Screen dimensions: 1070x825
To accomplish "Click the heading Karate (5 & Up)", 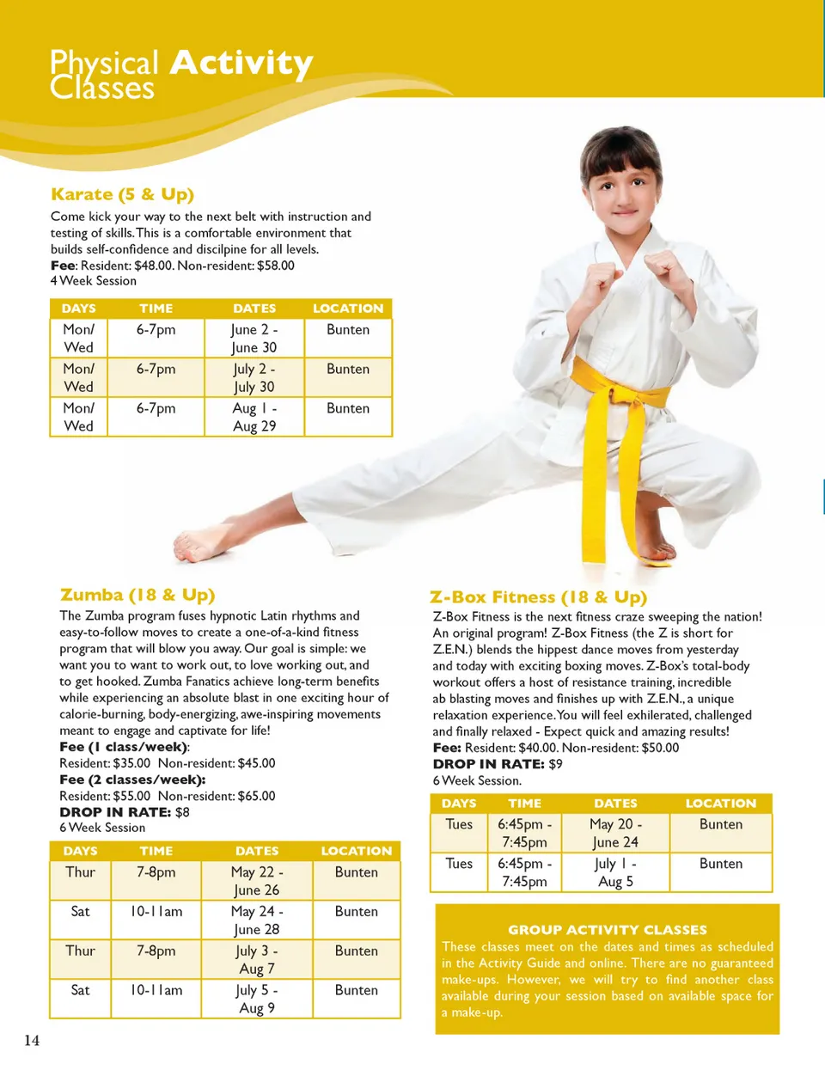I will pyautogui.click(x=122, y=194).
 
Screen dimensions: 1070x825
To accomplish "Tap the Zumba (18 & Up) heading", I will pyautogui.click(x=137, y=595).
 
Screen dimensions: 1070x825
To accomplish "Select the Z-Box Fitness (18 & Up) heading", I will pyautogui.click(x=538, y=597).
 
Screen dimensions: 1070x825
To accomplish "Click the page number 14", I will pyautogui.click(x=32, y=1041).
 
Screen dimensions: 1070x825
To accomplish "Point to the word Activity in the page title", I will pyautogui.click(x=241, y=63).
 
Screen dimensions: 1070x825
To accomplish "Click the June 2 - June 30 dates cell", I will pyautogui.click(x=254, y=339).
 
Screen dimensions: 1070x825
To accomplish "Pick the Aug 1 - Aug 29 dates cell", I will pyautogui.click(x=254, y=417).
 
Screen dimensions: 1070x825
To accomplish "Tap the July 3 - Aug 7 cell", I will pyautogui.click(x=257, y=959).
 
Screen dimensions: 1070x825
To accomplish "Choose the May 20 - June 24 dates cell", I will pyautogui.click(x=615, y=833).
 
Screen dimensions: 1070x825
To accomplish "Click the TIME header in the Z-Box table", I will pyautogui.click(x=524, y=804).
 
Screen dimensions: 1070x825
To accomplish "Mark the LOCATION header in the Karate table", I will pyautogui.click(x=348, y=309).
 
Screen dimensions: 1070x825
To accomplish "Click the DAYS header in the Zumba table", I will pyautogui.click(x=80, y=851).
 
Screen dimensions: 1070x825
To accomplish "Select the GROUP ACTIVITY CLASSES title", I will pyautogui.click(x=607, y=930).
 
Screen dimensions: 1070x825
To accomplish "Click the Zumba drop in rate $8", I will pyautogui.click(x=182, y=812).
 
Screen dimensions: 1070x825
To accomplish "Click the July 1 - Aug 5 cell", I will pyautogui.click(x=615, y=872).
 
